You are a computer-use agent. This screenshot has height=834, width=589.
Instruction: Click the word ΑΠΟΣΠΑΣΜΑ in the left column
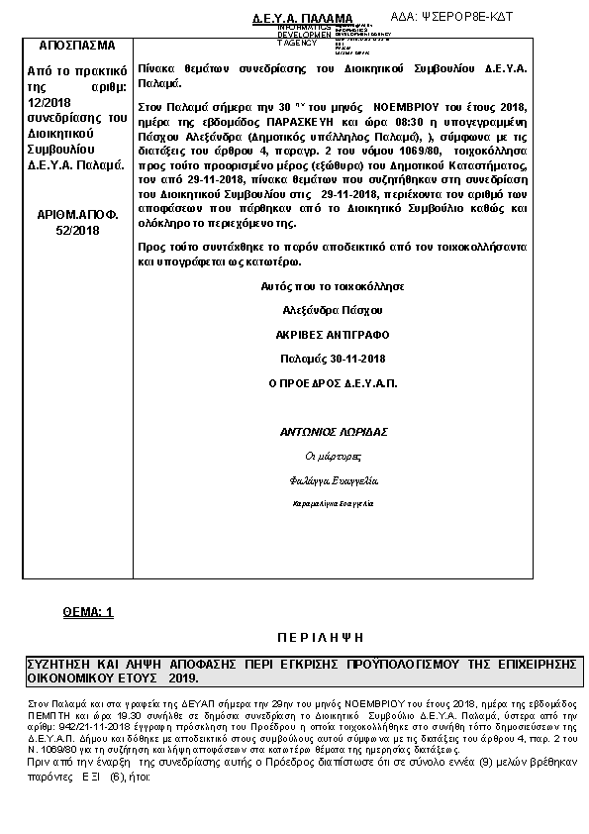tap(76, 46)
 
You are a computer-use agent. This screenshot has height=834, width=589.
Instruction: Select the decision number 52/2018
tap(76, 230)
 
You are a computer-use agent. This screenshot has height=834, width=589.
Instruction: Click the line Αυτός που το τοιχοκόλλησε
tap(332, 286)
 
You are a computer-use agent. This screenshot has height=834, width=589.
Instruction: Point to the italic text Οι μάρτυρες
tap(332, 456)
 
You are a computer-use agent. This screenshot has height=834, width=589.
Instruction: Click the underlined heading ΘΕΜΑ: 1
tap(88, 613)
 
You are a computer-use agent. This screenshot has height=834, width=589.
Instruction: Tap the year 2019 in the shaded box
tap(182, 679)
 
